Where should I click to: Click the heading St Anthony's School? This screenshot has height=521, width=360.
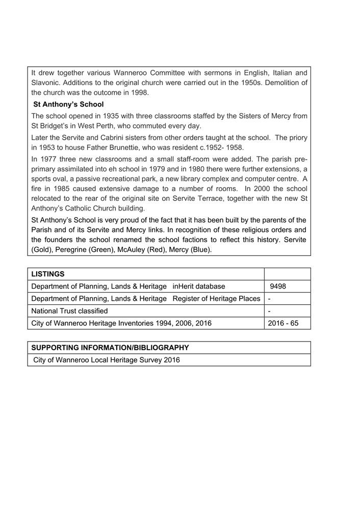point(68,105)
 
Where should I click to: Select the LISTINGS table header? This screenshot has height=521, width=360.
point(48,274)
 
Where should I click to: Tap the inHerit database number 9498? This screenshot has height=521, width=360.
point(278,286)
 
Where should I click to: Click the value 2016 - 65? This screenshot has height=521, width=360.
point(283,323)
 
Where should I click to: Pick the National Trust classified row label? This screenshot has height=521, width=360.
point(69,311)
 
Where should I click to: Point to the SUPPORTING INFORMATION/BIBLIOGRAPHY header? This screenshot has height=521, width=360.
point(110,348)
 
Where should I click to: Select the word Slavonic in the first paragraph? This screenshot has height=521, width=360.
point(46,83)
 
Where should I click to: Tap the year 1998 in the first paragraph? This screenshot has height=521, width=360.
point(139,93)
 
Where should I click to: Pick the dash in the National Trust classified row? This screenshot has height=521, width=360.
point(269,311)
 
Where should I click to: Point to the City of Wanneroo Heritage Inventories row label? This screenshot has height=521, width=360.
point(121,323)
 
